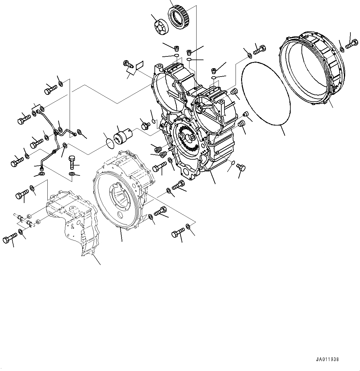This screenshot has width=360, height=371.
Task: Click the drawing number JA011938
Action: (327, 360)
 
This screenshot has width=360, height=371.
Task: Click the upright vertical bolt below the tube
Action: (72, 162)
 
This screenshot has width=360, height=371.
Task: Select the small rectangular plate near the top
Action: (139, 65)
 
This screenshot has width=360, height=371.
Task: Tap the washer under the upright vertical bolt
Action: (72, 174)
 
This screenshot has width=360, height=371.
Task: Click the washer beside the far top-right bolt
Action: (341, 50)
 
